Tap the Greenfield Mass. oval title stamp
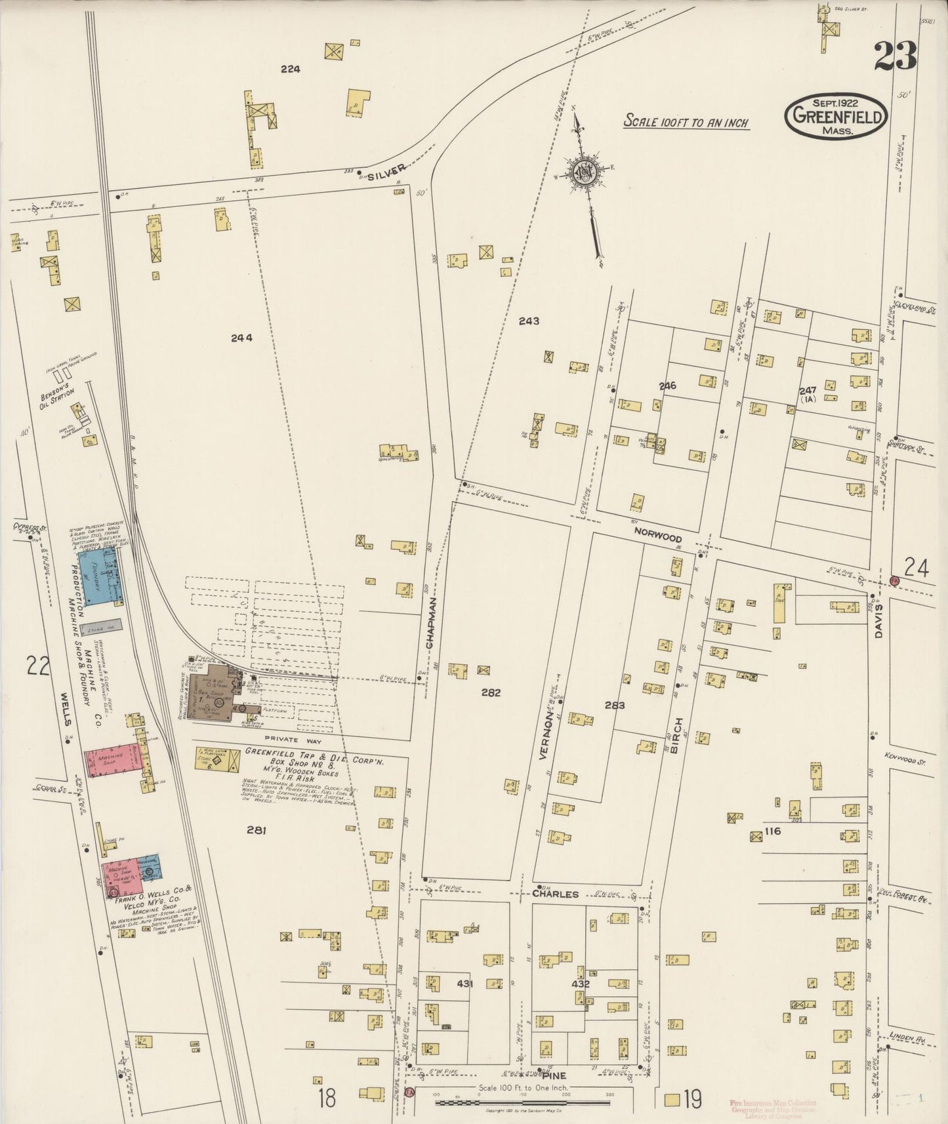[836, 115]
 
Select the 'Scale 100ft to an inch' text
[686, 122]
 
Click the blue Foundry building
[98, 575]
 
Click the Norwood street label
[657, 538]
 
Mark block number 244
[241, 338]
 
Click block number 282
[490, 692]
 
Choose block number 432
[581, 984]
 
